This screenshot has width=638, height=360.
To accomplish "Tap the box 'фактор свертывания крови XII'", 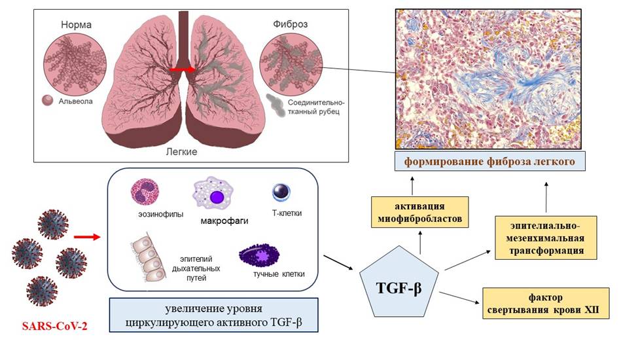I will click(546, 302).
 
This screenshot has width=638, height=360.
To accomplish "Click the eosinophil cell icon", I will click(145, 192).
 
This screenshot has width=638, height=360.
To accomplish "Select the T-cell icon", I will click(283, 192).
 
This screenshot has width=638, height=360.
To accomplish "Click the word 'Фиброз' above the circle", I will click(291, 25).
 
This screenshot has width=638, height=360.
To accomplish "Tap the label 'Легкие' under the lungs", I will click(183, 151).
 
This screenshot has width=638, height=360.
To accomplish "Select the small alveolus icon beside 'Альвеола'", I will click(47, 101).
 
